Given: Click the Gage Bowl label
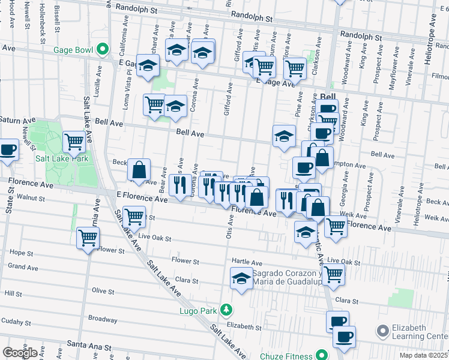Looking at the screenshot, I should pos(75,49).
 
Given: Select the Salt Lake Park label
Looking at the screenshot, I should pos(62,158).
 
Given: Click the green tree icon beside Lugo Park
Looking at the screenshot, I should pos(226,310).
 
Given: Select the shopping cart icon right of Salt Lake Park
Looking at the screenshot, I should pos(74,142).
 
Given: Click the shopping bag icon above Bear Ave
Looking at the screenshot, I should pos(139,169).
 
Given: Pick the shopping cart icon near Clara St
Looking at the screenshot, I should pos(333,275).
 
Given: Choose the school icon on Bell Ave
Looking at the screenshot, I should pos(284,136).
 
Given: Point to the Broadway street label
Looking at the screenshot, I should pos(103,319).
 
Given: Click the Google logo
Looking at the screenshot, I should pos(20,352).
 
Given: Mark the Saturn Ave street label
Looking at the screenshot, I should pos(13,120).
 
